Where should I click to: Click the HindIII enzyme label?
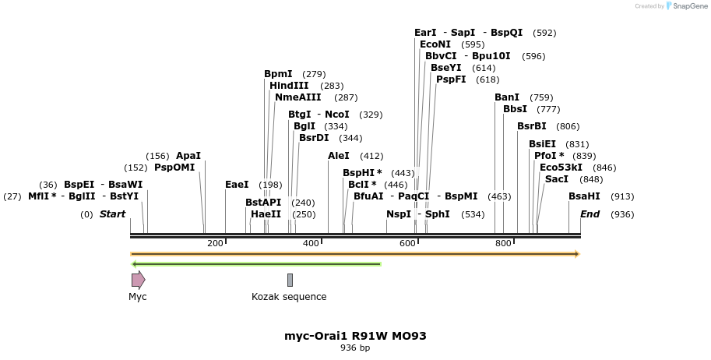coord(289,86)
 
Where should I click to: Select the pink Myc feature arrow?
coord(138,280)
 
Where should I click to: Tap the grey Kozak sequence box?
coord(290,280)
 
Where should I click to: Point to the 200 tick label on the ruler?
coord(215,244)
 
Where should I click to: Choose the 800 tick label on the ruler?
coord(503,244)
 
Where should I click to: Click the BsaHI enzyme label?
coord(584,196)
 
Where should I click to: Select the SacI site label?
coord(556,179)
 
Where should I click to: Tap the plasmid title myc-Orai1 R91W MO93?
coord(355,336)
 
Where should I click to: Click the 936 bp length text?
coord(355,348)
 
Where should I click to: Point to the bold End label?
coord(590,214)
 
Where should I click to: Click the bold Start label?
coord(112,214)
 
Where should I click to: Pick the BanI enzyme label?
coord(507,97)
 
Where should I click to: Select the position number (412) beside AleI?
coord(371,156)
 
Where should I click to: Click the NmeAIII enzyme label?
coord(297,97)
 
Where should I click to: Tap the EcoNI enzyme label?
coord(435,44)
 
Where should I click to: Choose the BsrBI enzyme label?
coord(532,126)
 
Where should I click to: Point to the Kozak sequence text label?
coord(289,297)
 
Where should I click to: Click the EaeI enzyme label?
coord(237,185)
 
